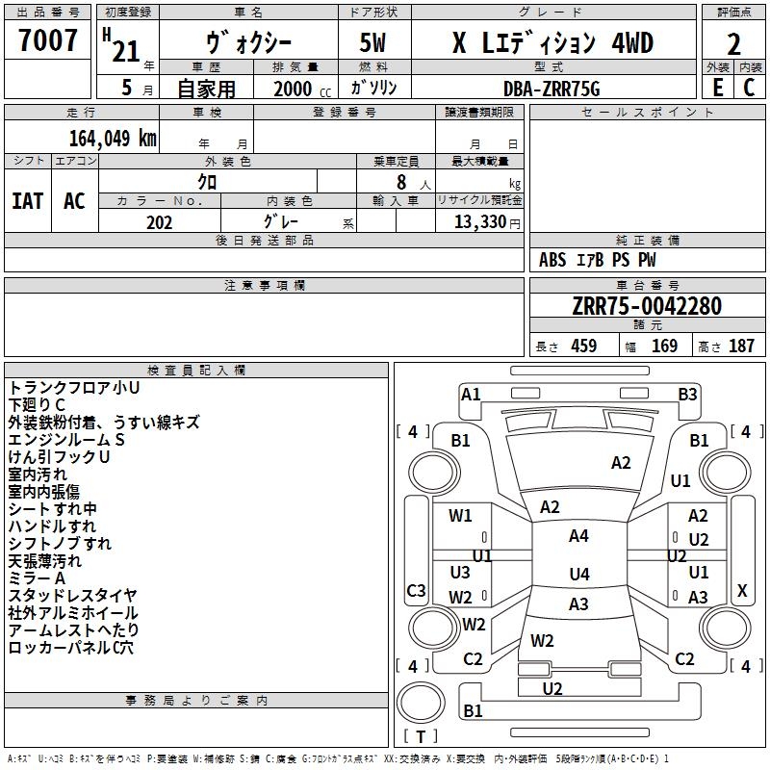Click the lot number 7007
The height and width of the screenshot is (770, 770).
point(48,40)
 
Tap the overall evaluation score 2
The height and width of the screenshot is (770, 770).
point(733,43)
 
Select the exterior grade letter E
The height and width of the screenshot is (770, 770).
point(717,87)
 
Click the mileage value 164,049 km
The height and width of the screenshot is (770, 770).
point(113,138)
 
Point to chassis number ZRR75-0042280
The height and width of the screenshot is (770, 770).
point(646,306)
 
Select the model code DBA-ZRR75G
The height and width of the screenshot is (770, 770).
point(552,88)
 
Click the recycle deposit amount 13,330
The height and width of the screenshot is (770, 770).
point(478,222)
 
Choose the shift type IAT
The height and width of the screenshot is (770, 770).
point(28,201)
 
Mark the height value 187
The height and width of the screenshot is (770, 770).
point(741,346)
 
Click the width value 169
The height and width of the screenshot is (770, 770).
point(664,346)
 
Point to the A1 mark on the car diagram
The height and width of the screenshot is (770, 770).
point(471,394)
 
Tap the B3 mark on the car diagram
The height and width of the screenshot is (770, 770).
point(687,394)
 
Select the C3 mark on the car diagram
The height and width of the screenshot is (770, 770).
point(416,590)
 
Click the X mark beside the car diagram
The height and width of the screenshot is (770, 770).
point(741,590)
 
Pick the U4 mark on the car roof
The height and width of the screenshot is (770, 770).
point(578,575)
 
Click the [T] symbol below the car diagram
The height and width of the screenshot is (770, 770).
point(421,737)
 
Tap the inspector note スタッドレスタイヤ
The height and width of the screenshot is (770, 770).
point(72,596)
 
